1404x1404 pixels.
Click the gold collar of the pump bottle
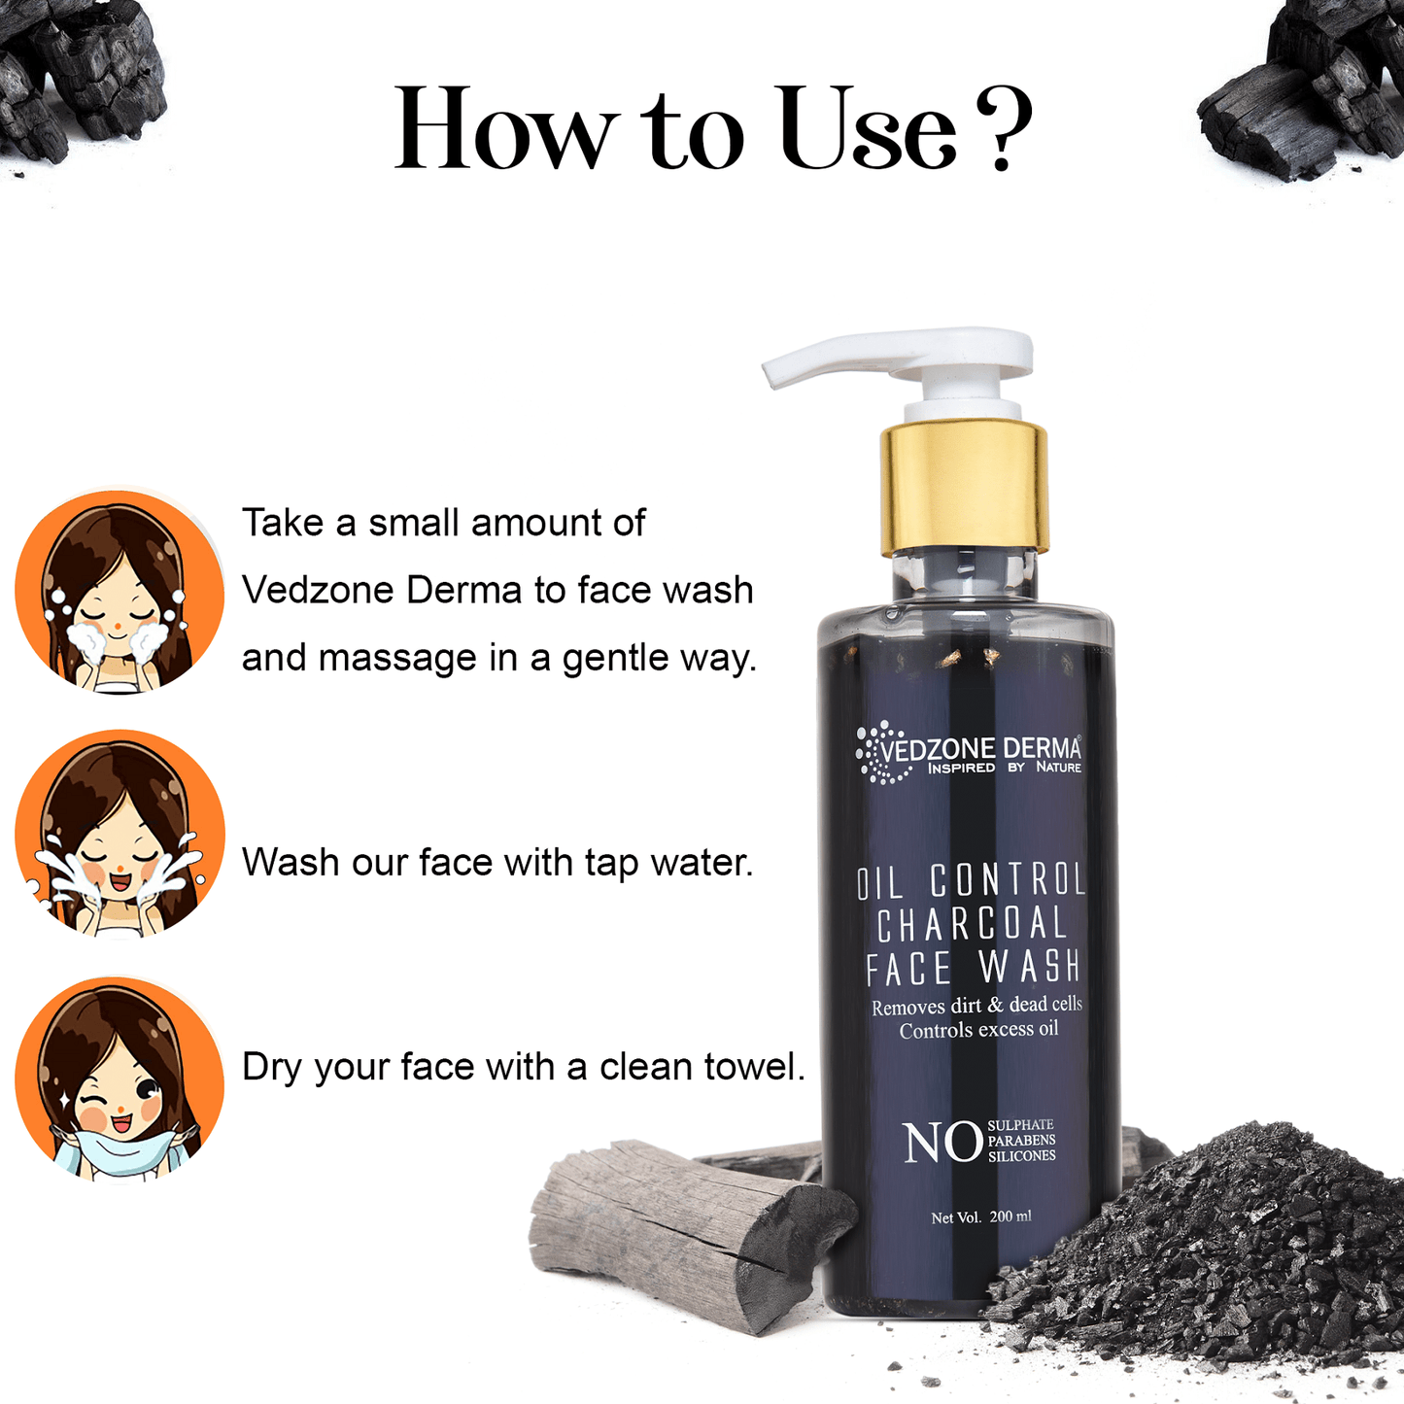pos(963,490)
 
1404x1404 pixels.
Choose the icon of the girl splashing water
pos(120,834)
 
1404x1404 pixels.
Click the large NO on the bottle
pos(942,1142)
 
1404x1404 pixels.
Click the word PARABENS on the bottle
pos(1021,1141)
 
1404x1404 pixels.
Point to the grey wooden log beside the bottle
pos(685,1239)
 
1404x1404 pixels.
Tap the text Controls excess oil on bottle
pos(977,1030)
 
